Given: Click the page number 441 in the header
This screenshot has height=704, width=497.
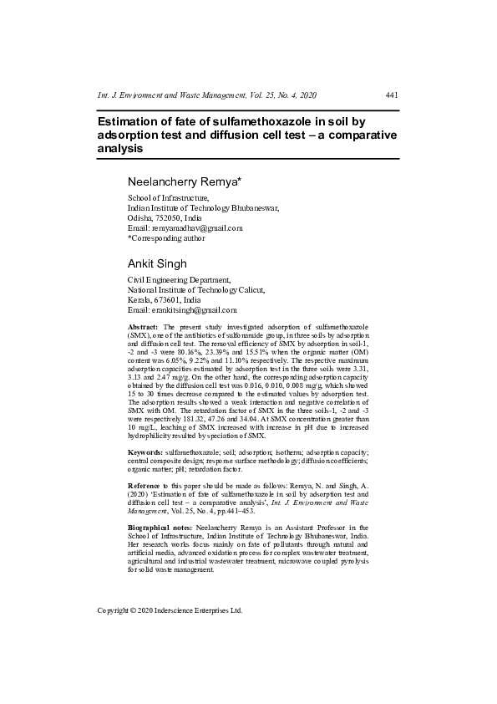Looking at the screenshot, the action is (391, 95).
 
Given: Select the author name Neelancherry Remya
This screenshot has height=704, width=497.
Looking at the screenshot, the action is (184, 181).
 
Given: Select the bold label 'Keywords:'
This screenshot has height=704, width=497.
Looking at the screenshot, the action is (146, 451).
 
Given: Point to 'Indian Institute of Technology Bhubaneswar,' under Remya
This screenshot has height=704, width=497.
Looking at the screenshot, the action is (203, 207).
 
